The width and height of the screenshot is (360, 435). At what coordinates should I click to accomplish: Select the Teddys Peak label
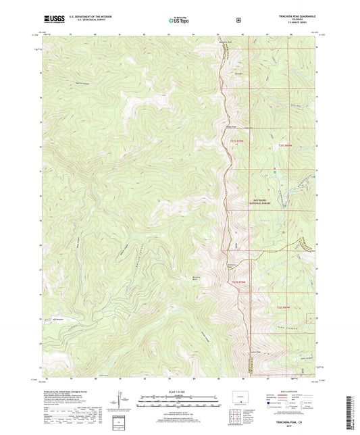coord(231,126)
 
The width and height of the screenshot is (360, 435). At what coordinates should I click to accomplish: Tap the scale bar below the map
coord(179,399)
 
